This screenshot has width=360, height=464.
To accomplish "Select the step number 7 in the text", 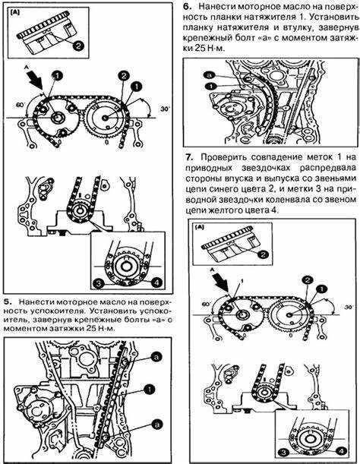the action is click(189, 157).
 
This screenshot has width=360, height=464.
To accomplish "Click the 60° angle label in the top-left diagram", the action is click(21, 105).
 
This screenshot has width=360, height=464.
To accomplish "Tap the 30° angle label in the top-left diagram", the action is click(165, 109).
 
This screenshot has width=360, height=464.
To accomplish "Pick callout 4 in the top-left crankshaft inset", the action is click(156, 283).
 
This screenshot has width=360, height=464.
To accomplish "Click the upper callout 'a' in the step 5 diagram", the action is click(156, 358).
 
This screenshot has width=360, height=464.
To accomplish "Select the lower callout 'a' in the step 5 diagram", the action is click(156, 424).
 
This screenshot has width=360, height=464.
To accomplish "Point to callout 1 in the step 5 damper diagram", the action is click(149, 390).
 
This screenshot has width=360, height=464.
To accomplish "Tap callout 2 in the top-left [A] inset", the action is click(78, 46).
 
